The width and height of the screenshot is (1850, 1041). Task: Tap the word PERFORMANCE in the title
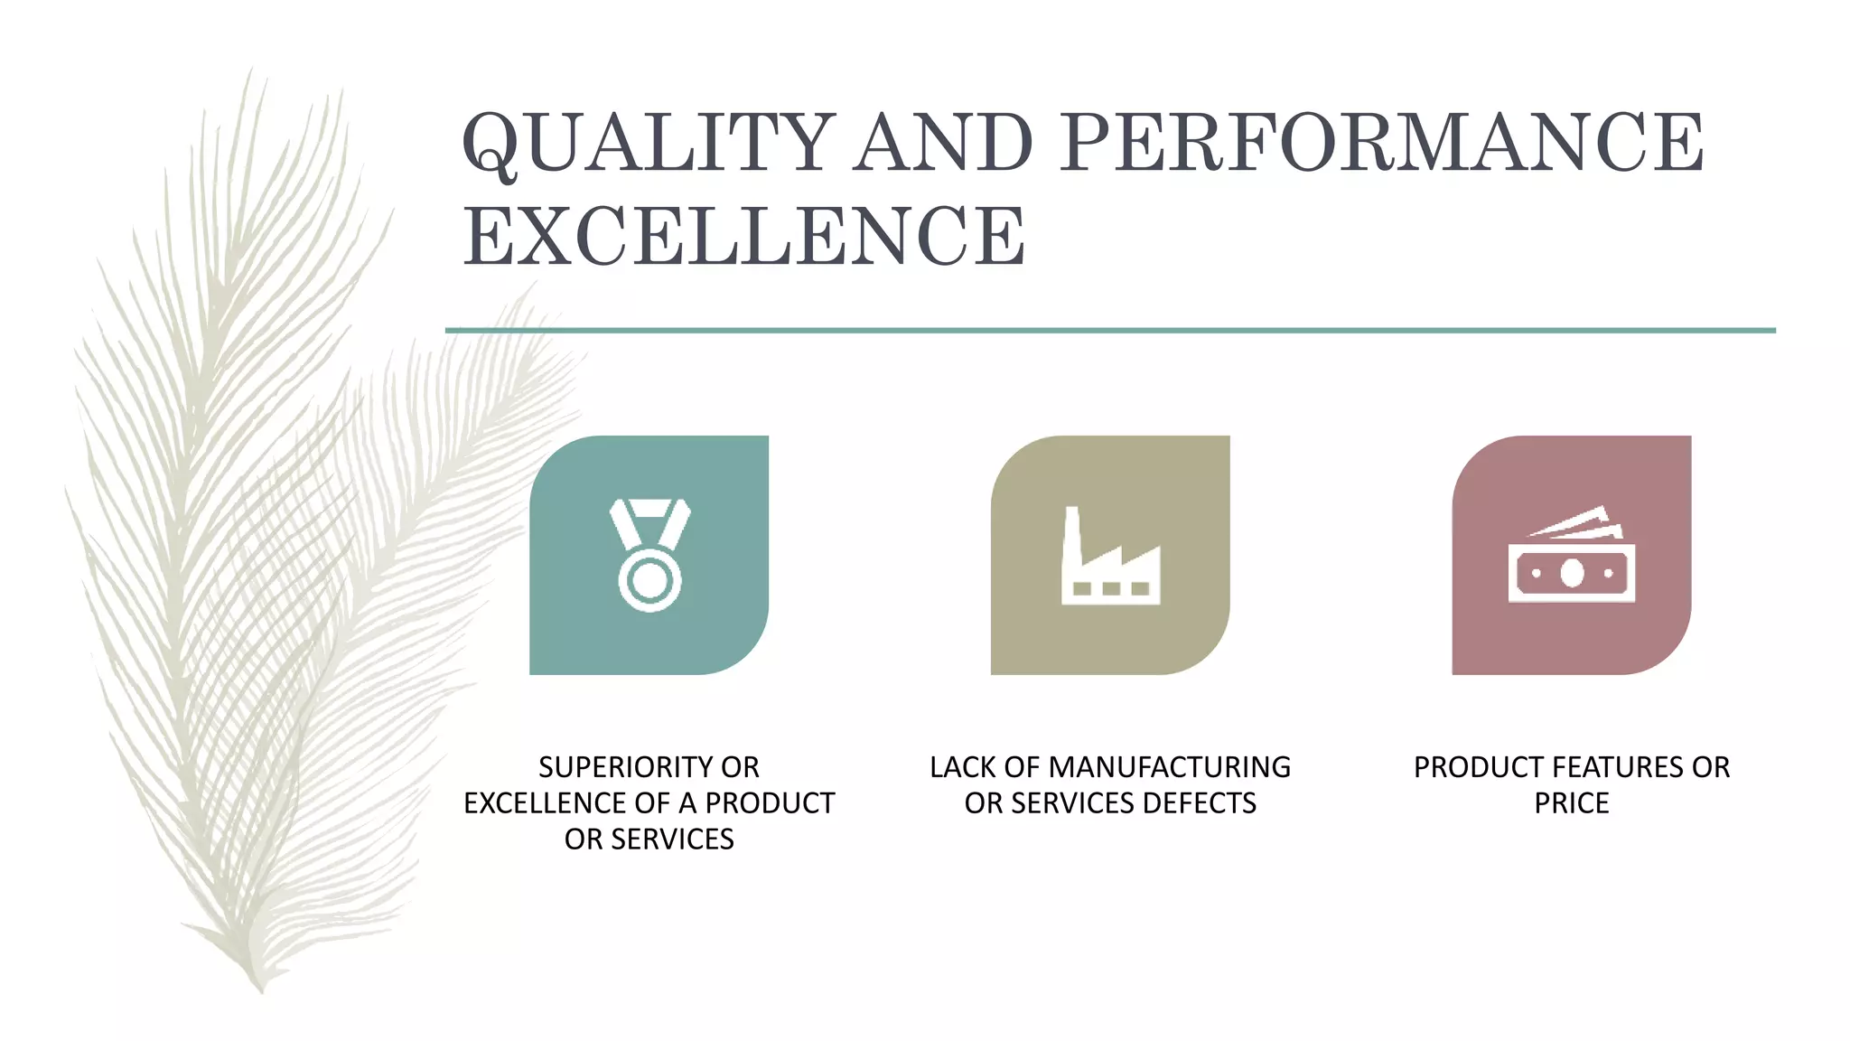1381,143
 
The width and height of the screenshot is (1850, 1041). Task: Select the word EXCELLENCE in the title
744,237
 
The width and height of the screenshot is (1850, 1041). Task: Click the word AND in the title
943,143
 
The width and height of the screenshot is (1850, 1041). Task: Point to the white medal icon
649,555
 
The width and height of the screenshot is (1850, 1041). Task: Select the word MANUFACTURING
1169,767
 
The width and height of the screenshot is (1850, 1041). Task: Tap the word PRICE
1571,803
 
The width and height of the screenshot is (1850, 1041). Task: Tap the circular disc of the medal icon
649,580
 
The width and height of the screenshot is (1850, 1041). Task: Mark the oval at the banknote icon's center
1572,573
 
